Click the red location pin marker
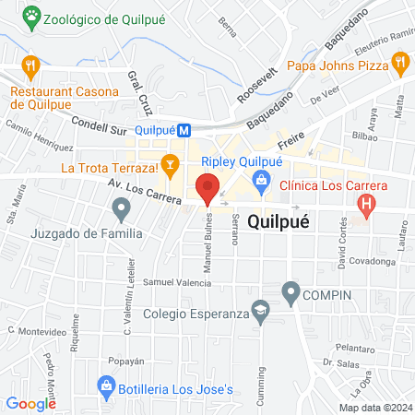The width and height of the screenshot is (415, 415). click(x=208, y=187)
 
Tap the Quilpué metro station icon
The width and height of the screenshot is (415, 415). click(x=184, y=131)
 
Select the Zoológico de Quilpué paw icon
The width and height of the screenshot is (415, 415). click(x=33, y=15)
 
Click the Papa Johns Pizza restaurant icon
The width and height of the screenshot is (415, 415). click(x=399, y=65)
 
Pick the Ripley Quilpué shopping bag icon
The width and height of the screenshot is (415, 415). click(x=263, y=179)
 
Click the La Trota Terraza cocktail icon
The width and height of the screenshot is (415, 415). click(x=169, y=167)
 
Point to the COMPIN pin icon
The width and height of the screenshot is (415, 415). click(x=291, y=294)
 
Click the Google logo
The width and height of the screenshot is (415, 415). click(x=31, y=403)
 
